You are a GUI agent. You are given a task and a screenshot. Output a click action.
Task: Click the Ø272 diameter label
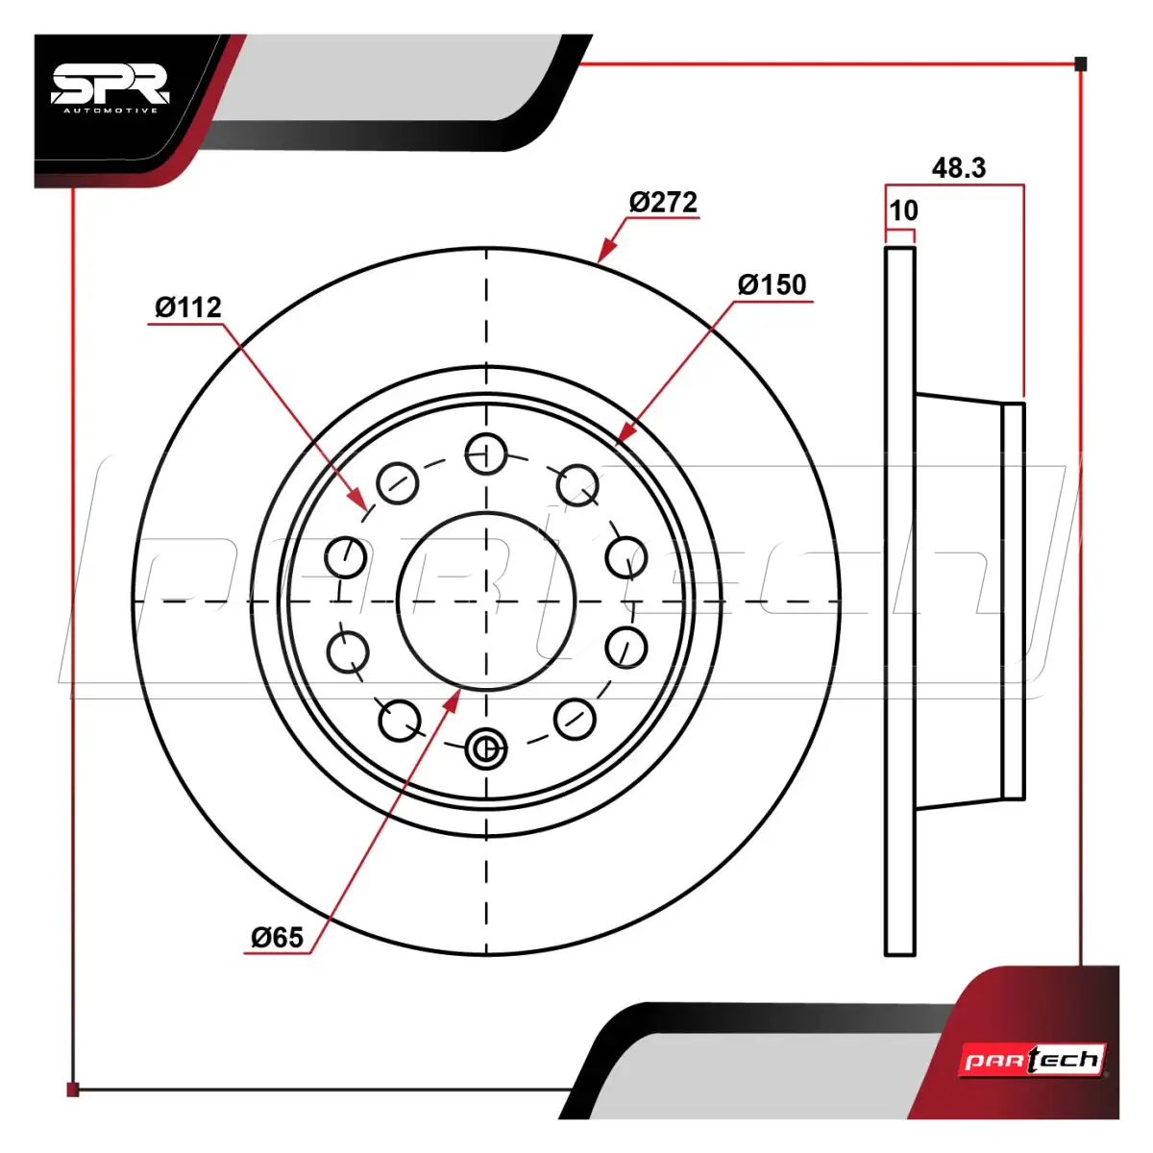coord(663,202)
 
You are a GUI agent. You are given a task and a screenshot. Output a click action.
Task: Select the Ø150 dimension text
coord(772,284)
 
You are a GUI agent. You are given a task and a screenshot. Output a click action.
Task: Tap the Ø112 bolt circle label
coord(188,307)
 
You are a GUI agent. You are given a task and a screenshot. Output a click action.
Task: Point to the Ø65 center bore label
coord(277,937)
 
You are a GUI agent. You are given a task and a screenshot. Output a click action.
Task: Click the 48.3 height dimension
coord(959,168)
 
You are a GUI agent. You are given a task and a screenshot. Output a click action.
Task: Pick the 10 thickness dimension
coord(903,210)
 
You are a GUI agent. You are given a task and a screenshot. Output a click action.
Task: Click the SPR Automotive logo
coord(111,89)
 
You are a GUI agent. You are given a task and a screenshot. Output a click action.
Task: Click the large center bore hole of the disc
coord(486,601)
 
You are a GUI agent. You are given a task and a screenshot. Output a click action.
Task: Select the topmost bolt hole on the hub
coord(486,454)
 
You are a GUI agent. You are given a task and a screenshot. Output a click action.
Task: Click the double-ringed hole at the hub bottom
coord(486,748)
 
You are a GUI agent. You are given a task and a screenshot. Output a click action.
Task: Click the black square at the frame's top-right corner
coord(1081,64)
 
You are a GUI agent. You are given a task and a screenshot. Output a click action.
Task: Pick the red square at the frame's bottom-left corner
coord(73,1089)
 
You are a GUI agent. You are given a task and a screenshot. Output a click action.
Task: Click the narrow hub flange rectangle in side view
coord(1014,601)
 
